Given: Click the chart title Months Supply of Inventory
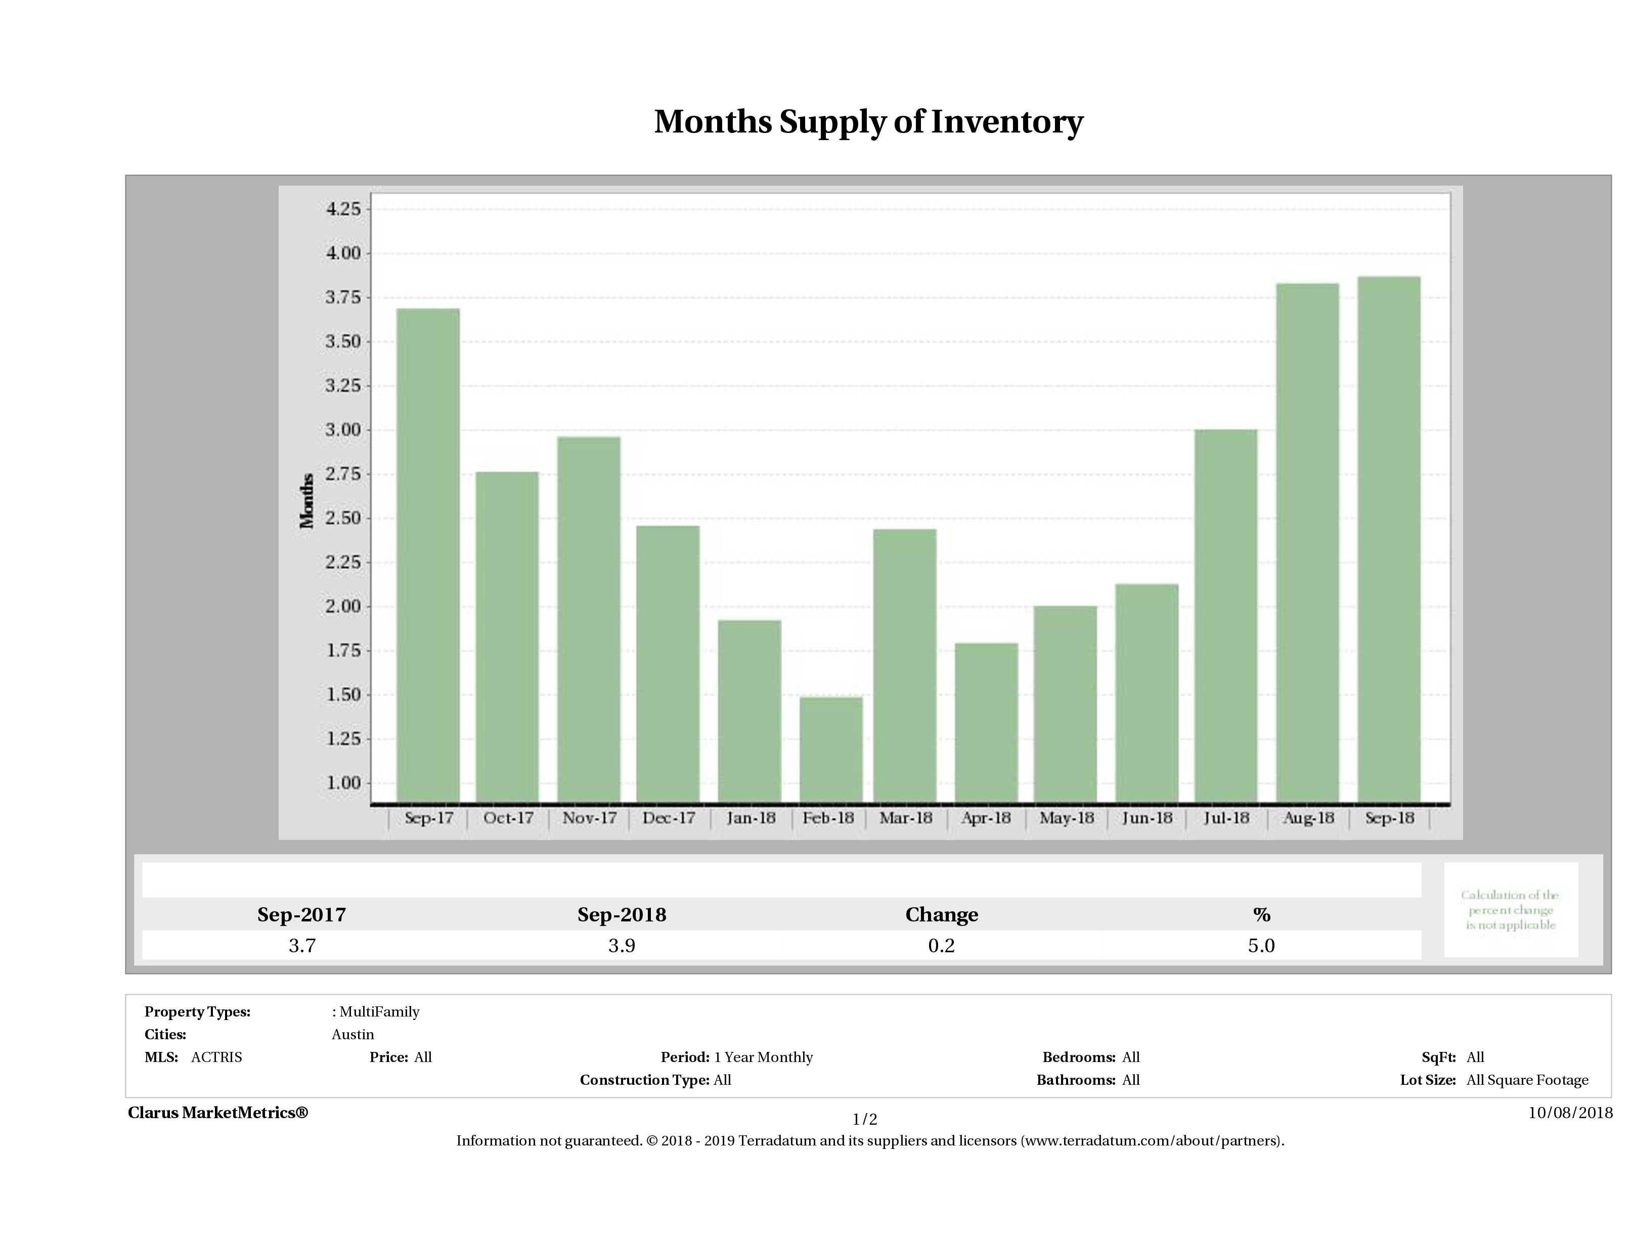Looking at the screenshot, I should pyautogui.click(x=868, y=122).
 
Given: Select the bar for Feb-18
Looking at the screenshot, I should pyautogui.click(x=831, y=749).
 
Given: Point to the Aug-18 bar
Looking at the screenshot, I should pyautogui.click(x=1307, y=542).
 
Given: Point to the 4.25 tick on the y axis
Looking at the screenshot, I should pyautogui.click(x=343, y=209).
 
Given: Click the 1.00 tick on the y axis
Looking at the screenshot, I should pyautogui.click(x=343, y=783).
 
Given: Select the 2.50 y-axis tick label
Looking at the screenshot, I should pyautogui.click(x=343, y=518).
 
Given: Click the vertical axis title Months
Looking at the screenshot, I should pyautogui.click(x=307, y=500).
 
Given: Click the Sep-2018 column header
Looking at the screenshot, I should pyautogui.click(x=621, y=915).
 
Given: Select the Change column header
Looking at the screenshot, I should pyautogui.click(x=942, y=915).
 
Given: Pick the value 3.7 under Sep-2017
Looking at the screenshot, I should pyautogui.click(x=302, y=946).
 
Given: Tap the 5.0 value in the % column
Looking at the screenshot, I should pyautogui.click(x=1261, y=946).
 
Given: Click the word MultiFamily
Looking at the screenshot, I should pyautogui.click(x=379, y=1011).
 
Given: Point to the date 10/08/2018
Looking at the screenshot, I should pyautogui.click(x=1570, y=1113).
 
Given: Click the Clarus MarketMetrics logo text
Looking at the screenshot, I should pyautogui.click(x=217, y=1113).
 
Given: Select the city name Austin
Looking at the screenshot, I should pyautogui.click(x=352, y=1034).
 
